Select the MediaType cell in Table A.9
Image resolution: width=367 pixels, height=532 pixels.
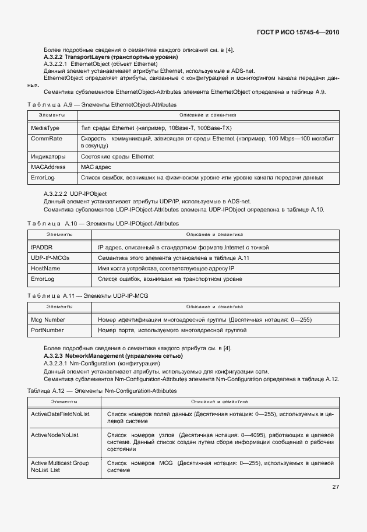click(x=45, y=127)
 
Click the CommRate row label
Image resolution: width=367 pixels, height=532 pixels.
click(x=46, y=139)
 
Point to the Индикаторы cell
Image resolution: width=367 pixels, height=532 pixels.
click(x=48, y=157)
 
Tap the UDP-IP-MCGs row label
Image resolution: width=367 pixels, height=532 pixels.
click(x=51, y=258)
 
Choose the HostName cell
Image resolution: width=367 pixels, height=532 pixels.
click(x=45, y=268)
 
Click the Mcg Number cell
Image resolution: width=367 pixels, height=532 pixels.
click(x=48, y=320)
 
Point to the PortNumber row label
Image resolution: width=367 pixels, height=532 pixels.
click(x=47, y=330)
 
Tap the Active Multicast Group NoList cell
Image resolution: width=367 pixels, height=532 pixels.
click(x=59, y=466)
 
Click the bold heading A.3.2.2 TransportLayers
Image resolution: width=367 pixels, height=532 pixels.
click(x=111, y=57)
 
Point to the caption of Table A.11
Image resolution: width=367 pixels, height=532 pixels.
click(x=88, y=295)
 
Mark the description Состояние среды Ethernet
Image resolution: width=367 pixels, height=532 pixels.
click(x=117, y=157)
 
